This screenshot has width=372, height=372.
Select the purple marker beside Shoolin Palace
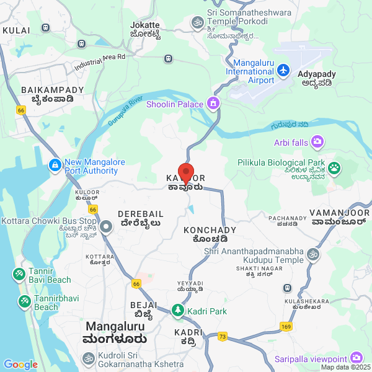(214, 103)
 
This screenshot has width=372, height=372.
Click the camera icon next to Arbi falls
(317, 143)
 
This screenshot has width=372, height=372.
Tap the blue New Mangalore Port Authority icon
(55, 166)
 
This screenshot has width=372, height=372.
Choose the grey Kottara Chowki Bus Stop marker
(106, 226)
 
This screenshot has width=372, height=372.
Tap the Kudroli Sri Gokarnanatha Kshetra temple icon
(89, 358)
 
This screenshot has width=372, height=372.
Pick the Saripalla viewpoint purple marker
(356, 358)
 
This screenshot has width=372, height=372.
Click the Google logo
(20, 365)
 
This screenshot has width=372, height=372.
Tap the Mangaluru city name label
(115, 326)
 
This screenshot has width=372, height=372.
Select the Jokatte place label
(146, 25)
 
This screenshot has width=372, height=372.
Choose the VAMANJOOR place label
(340, 213)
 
